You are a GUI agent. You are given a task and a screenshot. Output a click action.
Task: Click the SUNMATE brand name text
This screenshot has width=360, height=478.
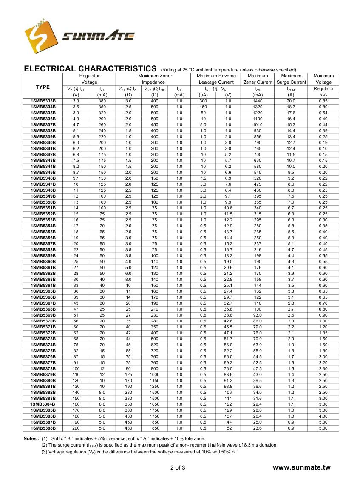tap(98, 37)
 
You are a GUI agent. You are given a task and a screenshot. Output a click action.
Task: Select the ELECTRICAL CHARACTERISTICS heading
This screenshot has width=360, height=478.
tap(90, 68)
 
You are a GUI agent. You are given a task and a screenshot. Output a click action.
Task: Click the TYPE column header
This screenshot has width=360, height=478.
tap(43, 87)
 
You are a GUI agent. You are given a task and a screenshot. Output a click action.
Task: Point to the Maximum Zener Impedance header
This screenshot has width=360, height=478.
tap(153, 79)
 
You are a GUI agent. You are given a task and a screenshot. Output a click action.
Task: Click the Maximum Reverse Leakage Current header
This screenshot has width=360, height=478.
tap(216, 79)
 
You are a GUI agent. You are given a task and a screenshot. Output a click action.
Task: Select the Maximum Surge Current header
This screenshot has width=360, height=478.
tap(291, 79)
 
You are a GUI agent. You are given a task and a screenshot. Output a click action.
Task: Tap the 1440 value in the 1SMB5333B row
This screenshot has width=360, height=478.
tap(258, 101)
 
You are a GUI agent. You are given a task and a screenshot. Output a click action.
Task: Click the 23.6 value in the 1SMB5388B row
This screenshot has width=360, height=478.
tap(258, 428)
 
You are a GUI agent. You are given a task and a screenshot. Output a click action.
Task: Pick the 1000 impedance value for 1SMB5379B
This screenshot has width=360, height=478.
tap(154, 374)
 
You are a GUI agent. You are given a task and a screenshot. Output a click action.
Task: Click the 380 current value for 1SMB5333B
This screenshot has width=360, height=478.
tap(102, 101)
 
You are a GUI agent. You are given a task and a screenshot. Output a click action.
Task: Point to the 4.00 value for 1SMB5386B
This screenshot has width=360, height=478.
tap(323, 416)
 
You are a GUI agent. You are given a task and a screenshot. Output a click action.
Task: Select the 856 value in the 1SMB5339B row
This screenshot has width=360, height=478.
tap(258, 136)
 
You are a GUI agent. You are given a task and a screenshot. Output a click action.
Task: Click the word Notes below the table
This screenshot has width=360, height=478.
tap(31, 438)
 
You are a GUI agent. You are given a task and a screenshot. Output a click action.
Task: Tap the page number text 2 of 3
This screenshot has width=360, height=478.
tap(178, 468)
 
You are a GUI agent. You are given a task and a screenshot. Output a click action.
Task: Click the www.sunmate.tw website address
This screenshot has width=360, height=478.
tap(301, 467)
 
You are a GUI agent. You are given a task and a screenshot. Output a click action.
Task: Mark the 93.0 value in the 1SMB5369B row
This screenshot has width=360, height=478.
tap(258, 315)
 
